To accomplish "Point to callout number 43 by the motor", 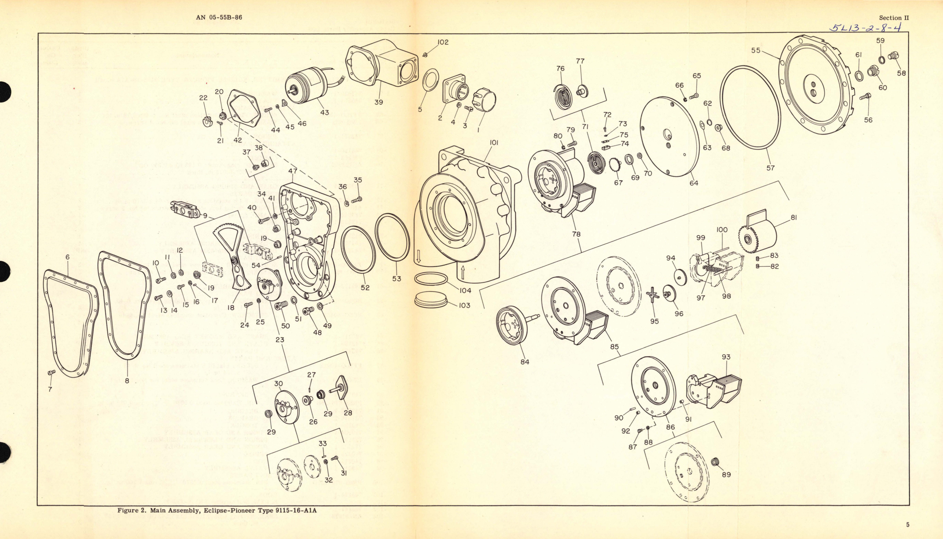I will click(x=324, y=112).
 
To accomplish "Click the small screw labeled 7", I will click(x=52, y=372).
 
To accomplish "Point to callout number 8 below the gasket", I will click(x=127, y=380).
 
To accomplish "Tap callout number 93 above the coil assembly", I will click(x=726, y=357).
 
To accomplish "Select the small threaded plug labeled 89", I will click(x=715, y=462).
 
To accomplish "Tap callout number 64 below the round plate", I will click(x=693, y=183).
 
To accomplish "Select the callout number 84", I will click(x=525, y=362).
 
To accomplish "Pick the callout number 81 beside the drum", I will click(x=793, y=218).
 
